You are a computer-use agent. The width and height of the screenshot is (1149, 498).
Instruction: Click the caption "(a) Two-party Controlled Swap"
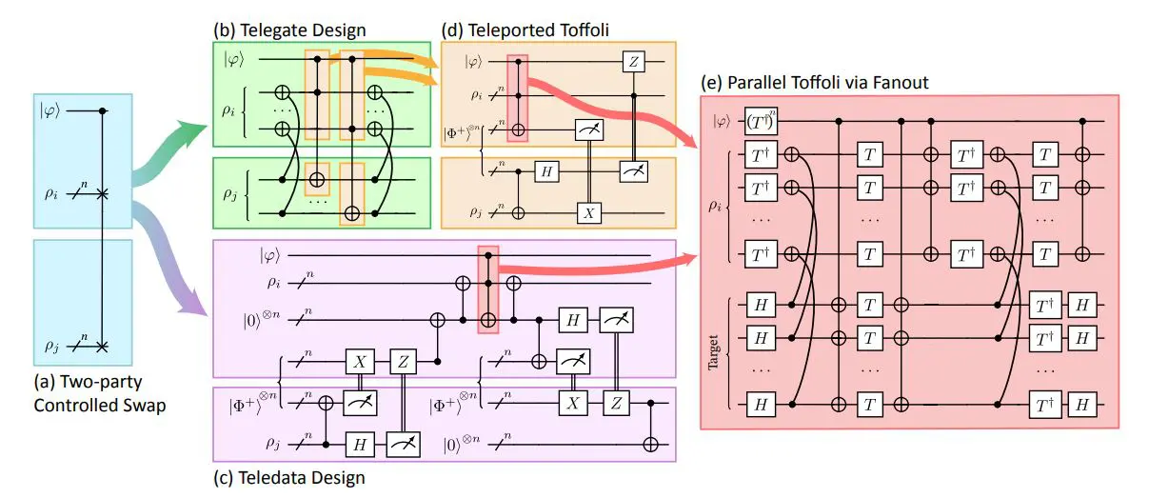[x=90, y=393]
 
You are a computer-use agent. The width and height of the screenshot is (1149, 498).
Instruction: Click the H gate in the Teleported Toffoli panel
[x=546, y=170]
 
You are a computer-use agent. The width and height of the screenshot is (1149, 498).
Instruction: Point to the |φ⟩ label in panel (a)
[x=50, y=111]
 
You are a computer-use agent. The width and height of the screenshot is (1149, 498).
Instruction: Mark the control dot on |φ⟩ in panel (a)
[x=104, y=111]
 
